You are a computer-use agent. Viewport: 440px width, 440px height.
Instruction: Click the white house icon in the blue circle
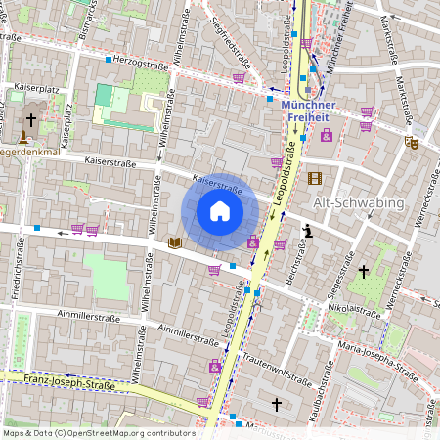pyautogui.click(x=220, y=210)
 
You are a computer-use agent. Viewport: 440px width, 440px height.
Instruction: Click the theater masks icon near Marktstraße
pyautogui.click(x=412, y=142)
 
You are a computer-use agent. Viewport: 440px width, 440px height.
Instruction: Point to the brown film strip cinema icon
pyautogui.click(x=314, y=178)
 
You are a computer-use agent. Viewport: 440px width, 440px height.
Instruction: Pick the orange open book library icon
pyautogui.click(x=174, y=242)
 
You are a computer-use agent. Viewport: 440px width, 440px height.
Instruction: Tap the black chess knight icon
pyautogui.click(x=308, y=231)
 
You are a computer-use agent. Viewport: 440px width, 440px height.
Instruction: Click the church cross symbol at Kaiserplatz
pyautogui.click(x=30, y=120)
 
